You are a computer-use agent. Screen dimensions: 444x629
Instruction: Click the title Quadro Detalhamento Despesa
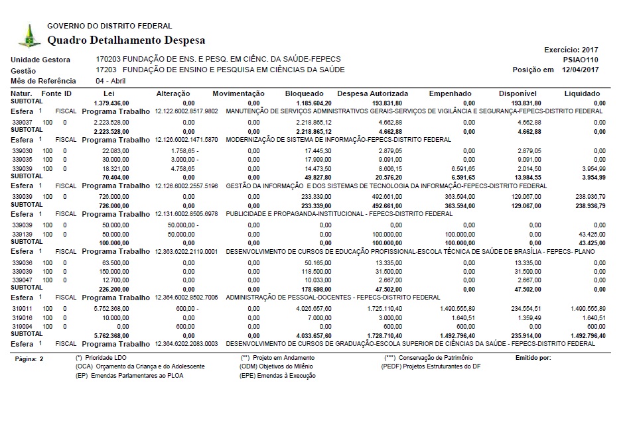126,40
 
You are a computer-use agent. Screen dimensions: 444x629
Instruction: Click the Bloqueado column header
304,94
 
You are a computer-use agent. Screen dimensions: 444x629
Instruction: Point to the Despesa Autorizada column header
370,94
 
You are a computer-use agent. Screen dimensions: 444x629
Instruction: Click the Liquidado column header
583,94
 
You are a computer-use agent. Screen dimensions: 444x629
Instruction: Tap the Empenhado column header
450,94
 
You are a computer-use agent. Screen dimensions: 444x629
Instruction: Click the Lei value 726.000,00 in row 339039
111,197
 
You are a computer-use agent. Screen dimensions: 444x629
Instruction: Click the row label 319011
23,309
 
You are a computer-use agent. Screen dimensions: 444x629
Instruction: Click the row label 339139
23,235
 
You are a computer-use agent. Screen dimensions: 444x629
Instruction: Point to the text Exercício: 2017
571,50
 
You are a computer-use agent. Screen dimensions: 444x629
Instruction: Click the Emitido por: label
533,358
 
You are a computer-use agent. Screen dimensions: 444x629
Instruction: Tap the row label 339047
23,280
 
